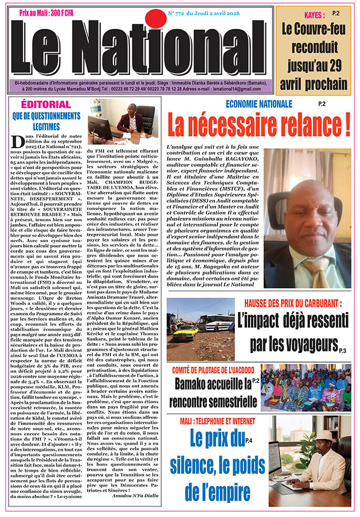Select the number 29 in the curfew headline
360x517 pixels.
tap(336, 66)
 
